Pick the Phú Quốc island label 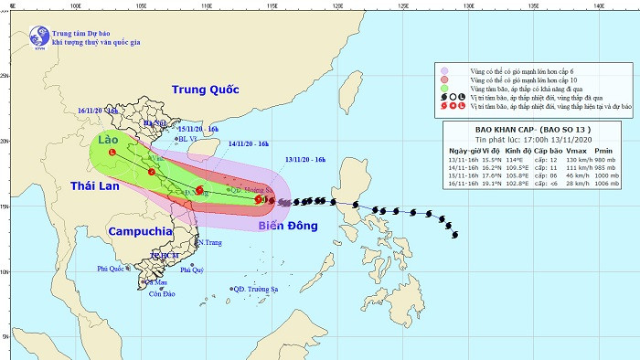111,269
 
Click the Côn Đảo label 162,293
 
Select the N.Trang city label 211,242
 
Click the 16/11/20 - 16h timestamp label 99,110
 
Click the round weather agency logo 40,36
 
